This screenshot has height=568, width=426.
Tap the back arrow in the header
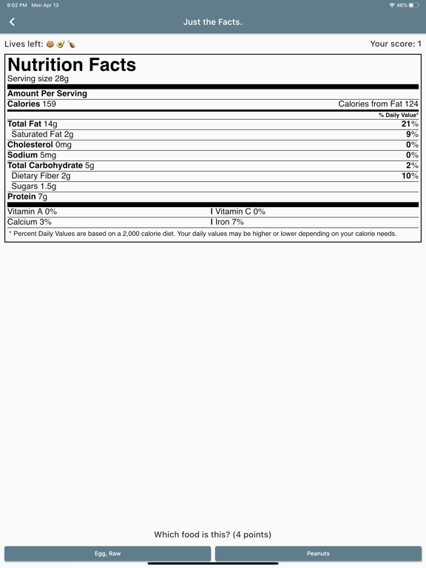13,22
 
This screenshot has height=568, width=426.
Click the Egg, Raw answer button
108,553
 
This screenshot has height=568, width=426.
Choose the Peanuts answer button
318,553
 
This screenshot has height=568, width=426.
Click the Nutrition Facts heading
72,65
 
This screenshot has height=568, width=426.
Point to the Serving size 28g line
38,78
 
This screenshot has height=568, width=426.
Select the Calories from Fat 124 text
378,104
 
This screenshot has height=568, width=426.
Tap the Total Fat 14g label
33,124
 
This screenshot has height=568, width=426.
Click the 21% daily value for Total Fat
410,124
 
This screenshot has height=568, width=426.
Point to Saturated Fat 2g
42,135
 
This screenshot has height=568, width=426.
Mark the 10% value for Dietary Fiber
410,176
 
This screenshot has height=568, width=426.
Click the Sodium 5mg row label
32,155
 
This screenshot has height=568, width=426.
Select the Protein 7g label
27,197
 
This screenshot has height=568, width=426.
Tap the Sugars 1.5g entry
34,186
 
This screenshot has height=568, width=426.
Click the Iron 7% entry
229,222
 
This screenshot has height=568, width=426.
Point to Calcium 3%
30,222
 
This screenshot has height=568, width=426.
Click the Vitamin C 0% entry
240,212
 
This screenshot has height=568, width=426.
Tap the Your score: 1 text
396,44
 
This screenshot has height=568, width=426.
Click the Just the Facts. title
213,22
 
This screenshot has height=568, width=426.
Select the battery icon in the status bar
413,5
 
